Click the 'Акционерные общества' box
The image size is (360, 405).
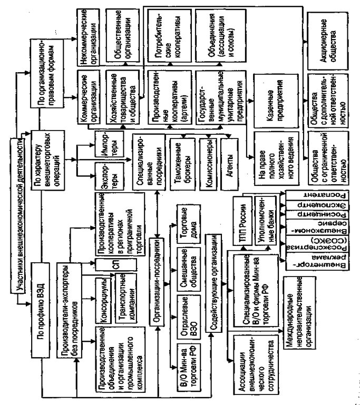[324, 34]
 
